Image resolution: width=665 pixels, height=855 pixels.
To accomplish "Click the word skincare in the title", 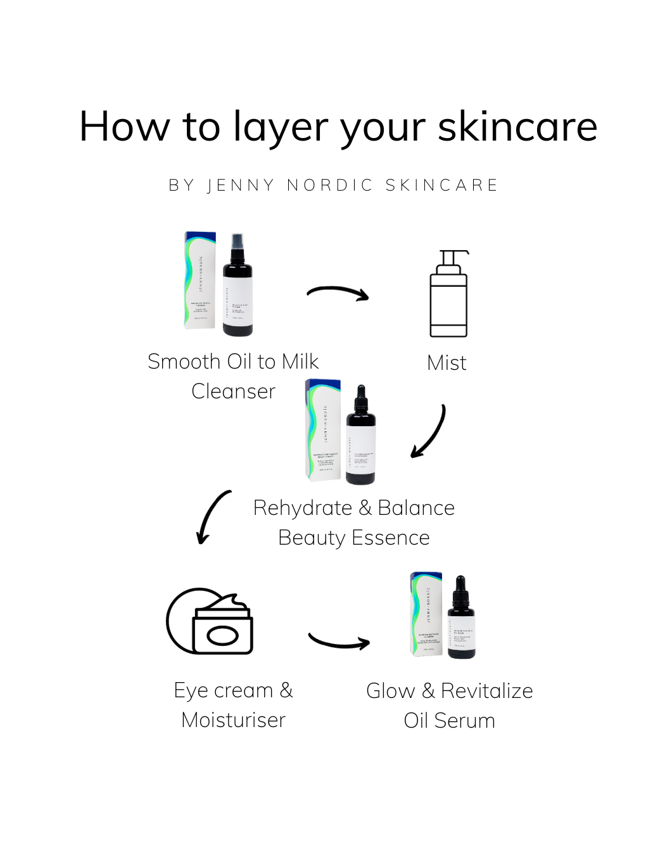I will (517, 127).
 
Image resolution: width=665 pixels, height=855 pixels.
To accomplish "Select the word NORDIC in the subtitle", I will (330, 185).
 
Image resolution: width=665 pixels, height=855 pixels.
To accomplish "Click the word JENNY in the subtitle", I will (241, 185).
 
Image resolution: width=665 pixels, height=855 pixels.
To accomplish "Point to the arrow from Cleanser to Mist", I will (338, 293).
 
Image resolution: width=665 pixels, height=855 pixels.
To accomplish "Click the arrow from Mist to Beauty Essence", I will (430, 433).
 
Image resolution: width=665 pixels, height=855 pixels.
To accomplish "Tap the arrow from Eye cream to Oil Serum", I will (339, 642).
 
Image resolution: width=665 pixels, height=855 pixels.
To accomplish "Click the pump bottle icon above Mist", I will (449, 294).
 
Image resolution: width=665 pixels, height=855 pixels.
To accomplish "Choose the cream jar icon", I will (210, 622).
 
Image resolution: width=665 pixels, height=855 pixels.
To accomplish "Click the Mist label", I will (446, 363).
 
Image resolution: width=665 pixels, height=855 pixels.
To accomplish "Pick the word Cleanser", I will (233, 391).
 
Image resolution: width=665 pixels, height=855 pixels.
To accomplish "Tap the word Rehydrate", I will (302, 508).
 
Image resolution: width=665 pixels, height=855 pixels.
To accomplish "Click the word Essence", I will (390, 538).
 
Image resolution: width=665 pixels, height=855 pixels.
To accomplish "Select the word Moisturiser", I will (233, 720).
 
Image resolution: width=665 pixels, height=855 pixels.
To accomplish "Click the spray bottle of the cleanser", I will (238, 286).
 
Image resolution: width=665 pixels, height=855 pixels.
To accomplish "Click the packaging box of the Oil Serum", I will (426, 614).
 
